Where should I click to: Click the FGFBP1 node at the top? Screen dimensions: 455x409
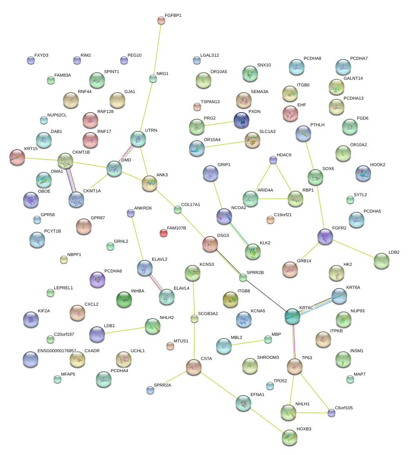click(x=161, y=20)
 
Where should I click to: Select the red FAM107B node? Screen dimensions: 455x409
click(x=164, y=233)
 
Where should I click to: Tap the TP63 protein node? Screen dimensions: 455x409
click(x=294, y=366)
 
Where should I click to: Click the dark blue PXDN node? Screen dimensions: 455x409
click(x=241, y=120)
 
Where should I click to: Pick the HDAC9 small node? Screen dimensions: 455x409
click(x=273, y=159)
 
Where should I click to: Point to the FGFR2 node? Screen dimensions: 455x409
click(x=325, y=236)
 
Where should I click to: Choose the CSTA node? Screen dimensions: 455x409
click(x=194, y=367)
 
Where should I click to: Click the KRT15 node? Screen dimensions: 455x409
click(x=17, y=157)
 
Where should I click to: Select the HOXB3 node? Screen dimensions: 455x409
click(x=289, y=437)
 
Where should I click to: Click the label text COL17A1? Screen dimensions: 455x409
click(x=191, y=205)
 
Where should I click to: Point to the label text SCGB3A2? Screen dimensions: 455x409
click(x=208, y=313)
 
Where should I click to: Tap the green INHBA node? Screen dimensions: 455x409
click(x=124, y=299)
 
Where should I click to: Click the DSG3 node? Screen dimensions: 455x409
click(x=210, y=244)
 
